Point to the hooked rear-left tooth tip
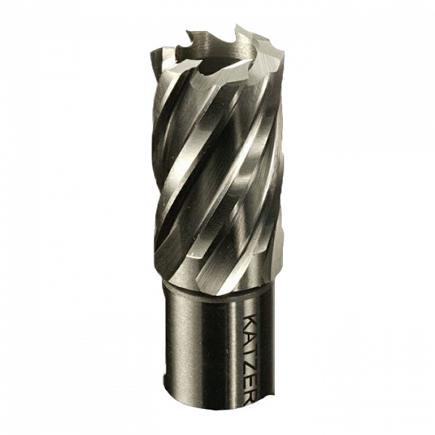(188, 32)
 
